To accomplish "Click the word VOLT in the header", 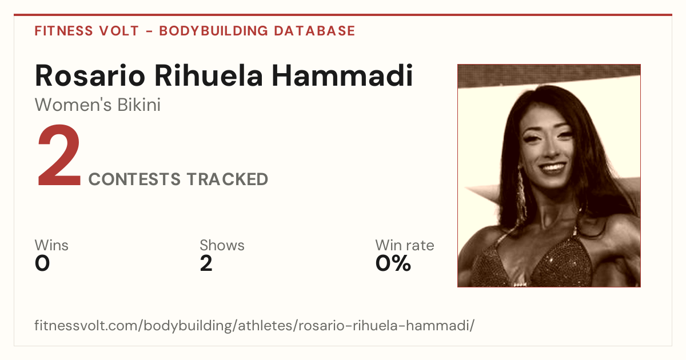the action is pyautogui.click(x=119, y=31).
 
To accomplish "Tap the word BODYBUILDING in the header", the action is pyautogui.click(x=214, y=31).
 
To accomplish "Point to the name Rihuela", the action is pyautogui.click(x=209, y=75).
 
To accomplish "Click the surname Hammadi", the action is pyautogui.click(x=342, y=75).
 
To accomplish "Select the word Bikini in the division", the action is pyautogui.click(x=139, y=105).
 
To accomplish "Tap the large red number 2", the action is pyautogui.click(x=59, y=155).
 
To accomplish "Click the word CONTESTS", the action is pyautogui.click(x=135, y=179).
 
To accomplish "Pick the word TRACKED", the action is pyautogui.click(x=228, y=179).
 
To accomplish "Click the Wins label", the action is pyautogui.click(x=51, y=245).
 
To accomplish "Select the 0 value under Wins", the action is pyautogui.click(x=42, y=263).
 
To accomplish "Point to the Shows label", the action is pyautogui.click(x=222, y=245).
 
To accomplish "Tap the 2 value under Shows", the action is pyautogui.click(x=206, y=263).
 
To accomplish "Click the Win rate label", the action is pyautogui.click(x=405, y=245).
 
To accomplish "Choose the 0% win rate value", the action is pyautogui.click(x=393, y=263).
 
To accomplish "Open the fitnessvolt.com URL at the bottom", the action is pyautogui.click(x=254, y=325).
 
